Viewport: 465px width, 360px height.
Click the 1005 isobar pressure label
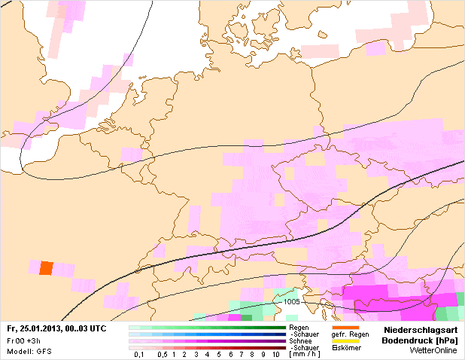(292, 302)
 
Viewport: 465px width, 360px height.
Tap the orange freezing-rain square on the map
(46, 267)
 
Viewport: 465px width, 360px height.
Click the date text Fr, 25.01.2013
(34, 330)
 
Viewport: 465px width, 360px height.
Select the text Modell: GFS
(24, 351)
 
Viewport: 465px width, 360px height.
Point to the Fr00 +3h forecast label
(19, 340)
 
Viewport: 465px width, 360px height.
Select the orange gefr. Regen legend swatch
(345, 327)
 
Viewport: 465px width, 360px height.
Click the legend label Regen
(299, 328)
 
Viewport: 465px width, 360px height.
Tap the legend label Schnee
(300, 340)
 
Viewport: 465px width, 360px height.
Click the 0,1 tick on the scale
(138, 354)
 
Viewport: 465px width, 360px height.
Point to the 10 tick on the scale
(276, 354)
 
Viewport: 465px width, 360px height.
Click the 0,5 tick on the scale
(163, 354)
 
